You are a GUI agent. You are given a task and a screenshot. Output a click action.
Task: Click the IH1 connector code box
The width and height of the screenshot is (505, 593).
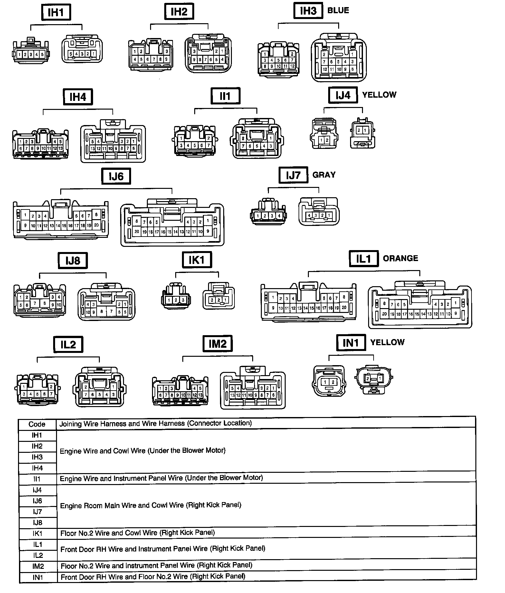(56, 13)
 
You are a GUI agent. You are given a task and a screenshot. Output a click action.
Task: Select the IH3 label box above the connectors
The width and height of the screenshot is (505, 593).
(308, 11)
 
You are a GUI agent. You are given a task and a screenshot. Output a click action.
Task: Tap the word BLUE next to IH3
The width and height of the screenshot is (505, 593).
(338, 11)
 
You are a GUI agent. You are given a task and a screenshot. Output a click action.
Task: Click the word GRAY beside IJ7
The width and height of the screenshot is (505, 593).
(324, 175)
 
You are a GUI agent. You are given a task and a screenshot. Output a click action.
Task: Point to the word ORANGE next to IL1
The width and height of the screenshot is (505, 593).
(400, 258)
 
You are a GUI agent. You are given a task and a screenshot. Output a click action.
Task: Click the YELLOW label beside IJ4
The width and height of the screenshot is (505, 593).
(379, 95)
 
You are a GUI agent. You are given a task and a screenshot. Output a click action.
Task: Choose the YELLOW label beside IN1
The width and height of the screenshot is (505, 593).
(387, 343)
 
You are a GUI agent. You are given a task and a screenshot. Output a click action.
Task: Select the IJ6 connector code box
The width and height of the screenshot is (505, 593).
(116, 176)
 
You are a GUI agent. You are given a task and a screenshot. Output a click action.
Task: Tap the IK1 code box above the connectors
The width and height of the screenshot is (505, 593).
(197, 260)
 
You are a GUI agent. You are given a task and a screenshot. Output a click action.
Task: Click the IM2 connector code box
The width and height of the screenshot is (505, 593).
(217, 344)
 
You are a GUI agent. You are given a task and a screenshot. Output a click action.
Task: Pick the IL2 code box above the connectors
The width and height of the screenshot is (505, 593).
(68, 345)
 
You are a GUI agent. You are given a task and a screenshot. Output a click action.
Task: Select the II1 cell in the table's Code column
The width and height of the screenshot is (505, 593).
(37, 479)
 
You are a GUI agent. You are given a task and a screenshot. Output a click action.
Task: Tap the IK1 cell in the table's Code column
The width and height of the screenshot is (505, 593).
(37, 534)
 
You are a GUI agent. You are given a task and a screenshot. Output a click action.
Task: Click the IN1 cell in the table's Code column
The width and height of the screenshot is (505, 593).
(37, 578)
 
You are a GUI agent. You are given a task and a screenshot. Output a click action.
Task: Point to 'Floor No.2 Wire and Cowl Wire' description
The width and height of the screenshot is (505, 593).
(138, 533)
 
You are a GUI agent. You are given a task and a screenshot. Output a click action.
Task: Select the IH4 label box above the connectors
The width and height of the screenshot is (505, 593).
(78, 97)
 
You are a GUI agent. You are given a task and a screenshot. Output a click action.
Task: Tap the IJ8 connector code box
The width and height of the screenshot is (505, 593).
(72, 260)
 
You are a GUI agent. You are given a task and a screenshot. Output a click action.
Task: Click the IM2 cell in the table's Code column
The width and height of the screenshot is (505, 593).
(37, 567)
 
